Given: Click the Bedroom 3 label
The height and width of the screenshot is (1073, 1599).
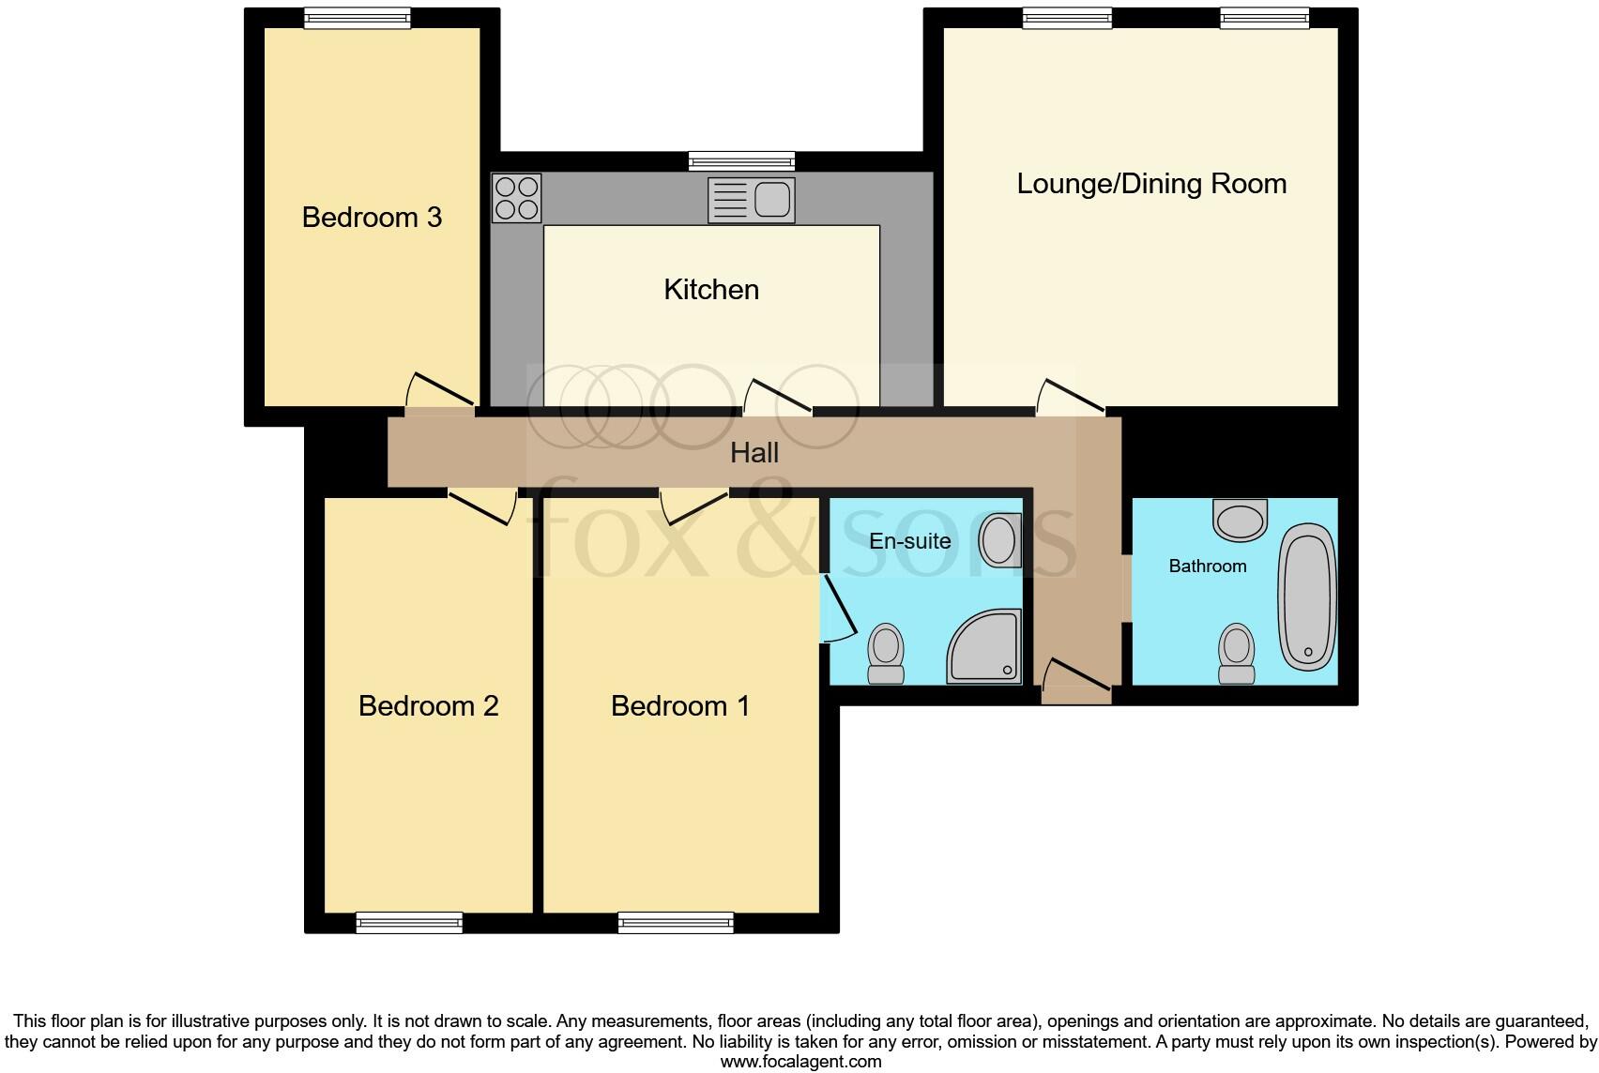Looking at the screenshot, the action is tap(372, 218).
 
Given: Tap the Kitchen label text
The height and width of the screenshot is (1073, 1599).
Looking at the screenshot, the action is tap(711, 290).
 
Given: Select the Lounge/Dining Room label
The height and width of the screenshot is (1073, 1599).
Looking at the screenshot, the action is tap(1151, 185).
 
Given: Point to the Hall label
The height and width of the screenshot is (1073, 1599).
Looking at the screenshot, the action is tap(754, 453).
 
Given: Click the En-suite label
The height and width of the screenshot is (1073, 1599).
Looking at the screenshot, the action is tap(909, 541).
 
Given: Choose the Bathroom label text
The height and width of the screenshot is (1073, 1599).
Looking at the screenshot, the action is tap(1207, 567).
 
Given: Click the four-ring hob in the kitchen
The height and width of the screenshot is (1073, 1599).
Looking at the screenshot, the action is tap(517, 198).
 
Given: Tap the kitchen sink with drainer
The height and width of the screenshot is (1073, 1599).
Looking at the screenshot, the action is tap(752, 200).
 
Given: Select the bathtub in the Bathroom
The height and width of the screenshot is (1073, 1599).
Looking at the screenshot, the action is tap(1307, 597).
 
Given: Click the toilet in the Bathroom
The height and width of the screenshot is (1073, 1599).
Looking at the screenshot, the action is tap(1237, 655).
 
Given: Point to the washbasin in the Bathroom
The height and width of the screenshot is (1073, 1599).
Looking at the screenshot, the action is tap(1240, 520).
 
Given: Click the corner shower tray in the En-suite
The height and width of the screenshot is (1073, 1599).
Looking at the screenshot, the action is tap(984, 646).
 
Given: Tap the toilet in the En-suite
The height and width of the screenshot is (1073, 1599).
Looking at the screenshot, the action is tap(886, 655).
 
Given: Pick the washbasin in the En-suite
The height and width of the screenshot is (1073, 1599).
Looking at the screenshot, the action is tap(999, 540).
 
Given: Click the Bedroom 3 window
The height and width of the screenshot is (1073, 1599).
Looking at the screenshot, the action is tap(357, 18).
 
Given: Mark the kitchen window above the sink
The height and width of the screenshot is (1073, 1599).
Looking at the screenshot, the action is tap(741, 161).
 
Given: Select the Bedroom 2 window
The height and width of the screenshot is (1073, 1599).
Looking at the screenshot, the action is tap(410, 923).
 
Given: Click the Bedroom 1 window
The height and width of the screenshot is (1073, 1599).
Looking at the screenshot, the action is tap(676, 923).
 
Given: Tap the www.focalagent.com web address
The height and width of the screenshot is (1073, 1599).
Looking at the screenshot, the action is tap(801, 1062).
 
